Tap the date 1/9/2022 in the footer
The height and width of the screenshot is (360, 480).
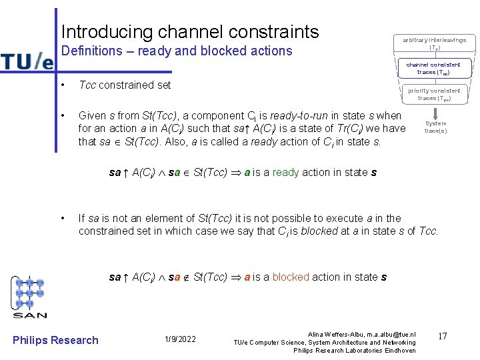(x=180, y=339)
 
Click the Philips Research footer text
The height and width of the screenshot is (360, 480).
(x=55, y=340)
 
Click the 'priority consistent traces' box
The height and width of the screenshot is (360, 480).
(x=434, y=94)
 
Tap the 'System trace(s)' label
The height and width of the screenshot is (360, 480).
(x=435, y=127)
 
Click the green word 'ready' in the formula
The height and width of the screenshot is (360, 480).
(x=285, y=173)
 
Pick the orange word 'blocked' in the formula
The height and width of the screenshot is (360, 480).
(x=291, y=277)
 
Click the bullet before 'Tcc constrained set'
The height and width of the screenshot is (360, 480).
(x=61, y=85)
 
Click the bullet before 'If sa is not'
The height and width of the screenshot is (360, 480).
(x=61, y=219)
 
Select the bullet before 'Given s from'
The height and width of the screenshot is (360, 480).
(x=61, y=115)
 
